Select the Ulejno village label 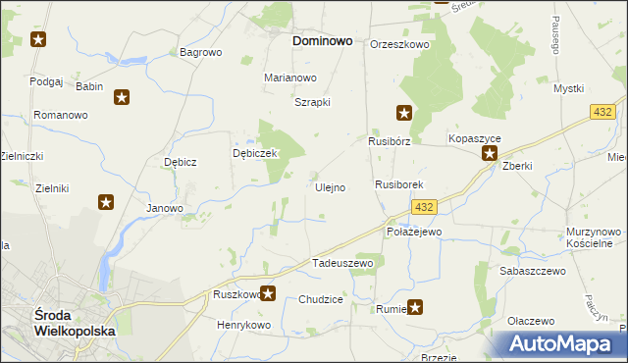click(x=329, y=186)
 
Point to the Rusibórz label click(x=389, y=140)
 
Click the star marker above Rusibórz click(x=403, y=113)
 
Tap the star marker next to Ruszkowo click(x=268, y=292)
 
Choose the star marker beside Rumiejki click(x=415, y=307)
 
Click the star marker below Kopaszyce click(x=489, y=153)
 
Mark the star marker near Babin click(x=122, y=97)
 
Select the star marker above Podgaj click(x=38, y=40)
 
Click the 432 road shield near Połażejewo click(x=424, y=207)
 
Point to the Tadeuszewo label click(x=343, y=263)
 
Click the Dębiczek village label click(x=256, y=153)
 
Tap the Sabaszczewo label click(x=533, y=270)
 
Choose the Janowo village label click(x=165, y=208)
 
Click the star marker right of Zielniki click(x=106, y=202)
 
